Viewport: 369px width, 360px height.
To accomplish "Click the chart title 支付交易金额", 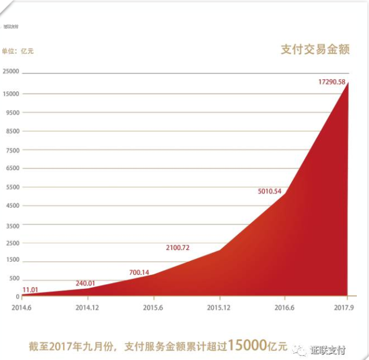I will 315,50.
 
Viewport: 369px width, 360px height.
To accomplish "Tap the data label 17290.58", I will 331,82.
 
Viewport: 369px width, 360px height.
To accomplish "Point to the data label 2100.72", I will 178,248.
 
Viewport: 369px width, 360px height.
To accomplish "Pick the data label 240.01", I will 85,284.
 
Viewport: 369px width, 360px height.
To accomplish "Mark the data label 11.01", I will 31,289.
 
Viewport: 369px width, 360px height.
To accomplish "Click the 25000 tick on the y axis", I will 12,72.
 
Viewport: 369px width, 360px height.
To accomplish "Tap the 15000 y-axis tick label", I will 12,94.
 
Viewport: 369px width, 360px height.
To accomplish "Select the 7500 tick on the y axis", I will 13,150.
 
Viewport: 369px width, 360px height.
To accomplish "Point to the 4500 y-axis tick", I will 13,205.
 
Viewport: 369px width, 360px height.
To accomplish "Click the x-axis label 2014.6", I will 21,307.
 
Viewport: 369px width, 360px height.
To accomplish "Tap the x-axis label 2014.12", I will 87,307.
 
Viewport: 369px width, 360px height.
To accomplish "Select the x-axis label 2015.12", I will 218,307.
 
